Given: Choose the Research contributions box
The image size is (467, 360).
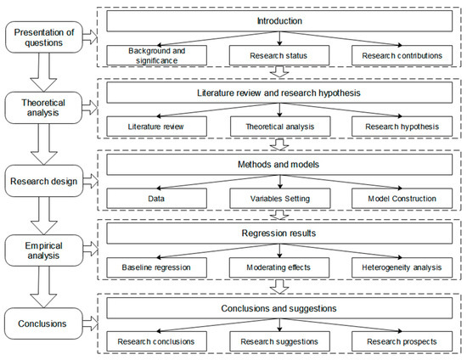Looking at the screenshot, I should point(402,55).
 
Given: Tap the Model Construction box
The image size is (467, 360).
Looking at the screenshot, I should point(402,199).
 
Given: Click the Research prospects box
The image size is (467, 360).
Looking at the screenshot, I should point(402,341).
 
